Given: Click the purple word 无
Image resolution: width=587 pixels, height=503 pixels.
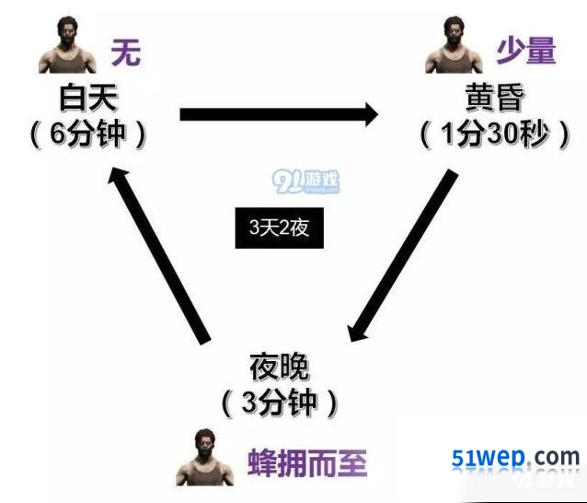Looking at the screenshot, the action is point(126,53).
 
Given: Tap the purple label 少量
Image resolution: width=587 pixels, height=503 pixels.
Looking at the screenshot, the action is point(526,51).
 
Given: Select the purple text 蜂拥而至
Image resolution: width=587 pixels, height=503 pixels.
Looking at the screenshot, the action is point(307,462).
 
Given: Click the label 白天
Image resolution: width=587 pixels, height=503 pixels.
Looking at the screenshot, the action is point(88,98).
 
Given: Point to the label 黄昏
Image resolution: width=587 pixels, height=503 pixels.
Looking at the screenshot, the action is point(494,97).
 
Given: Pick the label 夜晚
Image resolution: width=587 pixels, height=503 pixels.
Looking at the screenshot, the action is point(280,367).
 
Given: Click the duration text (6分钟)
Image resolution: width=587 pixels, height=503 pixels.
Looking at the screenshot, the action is point(88,135).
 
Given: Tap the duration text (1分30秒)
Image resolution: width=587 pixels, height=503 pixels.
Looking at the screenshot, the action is point(495,135).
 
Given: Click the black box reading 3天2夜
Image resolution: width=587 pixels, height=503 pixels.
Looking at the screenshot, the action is point(280,228).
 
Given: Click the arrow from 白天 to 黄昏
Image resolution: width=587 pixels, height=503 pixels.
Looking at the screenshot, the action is point(280,114).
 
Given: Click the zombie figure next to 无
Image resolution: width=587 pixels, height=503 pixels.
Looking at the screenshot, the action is point(67,45).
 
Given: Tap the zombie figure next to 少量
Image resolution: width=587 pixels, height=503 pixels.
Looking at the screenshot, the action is point(455,45).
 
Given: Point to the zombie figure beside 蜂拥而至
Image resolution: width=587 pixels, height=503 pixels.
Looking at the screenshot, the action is point(205,457).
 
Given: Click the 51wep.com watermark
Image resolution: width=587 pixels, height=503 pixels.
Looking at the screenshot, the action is point(515,458).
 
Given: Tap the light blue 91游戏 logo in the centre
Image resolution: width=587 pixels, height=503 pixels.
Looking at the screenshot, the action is point(305,181).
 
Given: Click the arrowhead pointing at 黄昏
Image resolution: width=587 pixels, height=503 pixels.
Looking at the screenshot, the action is point(372,114).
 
